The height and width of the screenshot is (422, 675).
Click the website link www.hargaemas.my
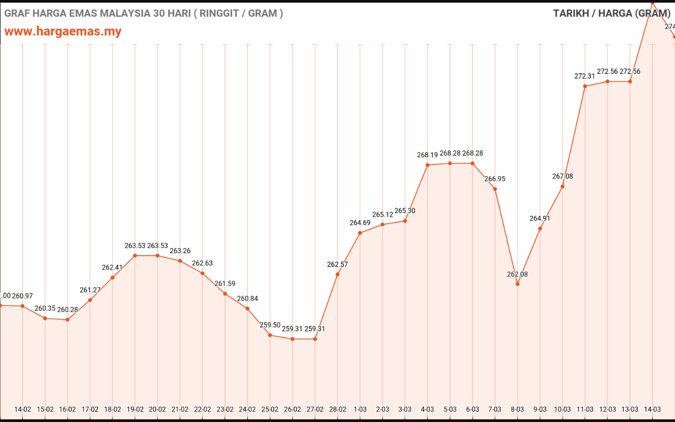[63, 31]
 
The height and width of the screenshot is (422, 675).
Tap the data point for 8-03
[517, 284]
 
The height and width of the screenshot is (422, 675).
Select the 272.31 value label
[585, 76]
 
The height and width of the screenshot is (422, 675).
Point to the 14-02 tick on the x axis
[23, 409]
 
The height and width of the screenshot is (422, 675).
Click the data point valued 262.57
[337, 274]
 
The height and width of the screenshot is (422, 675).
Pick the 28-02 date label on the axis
[337, 409]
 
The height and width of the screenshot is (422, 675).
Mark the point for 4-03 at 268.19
[428, 165]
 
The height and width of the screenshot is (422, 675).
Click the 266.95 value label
[495, 179]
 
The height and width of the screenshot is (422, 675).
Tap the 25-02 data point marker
[270, 335]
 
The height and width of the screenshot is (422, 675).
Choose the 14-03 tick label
[652, 409]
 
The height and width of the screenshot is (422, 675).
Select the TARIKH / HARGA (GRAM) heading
[612, 13]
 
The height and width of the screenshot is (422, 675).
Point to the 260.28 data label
[67, 310]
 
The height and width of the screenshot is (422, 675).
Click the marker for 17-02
[90, 300]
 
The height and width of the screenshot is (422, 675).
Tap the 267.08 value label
[563, 176]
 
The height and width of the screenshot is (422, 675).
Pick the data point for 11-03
[585, 86]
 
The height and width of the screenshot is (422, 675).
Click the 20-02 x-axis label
[158, 409]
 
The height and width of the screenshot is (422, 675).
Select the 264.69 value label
[360, 223]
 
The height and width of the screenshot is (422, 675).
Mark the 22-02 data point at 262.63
[202, 273]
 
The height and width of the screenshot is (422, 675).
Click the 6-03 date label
[472, 409]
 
